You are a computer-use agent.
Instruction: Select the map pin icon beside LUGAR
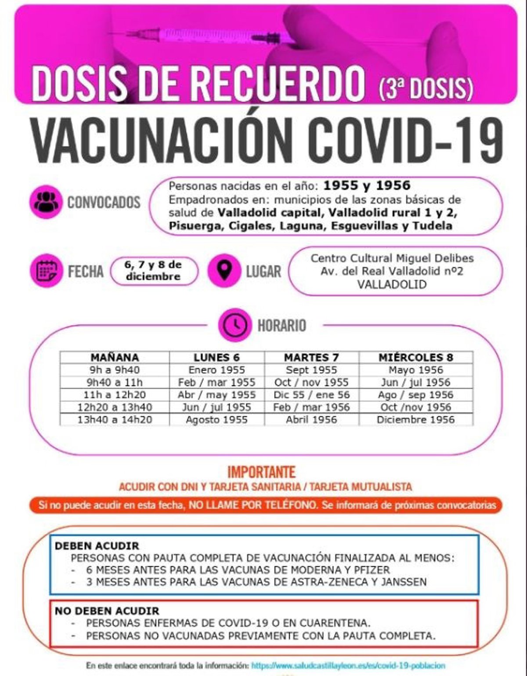tap(224, 271)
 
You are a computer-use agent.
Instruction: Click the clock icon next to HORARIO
tap(235, 325)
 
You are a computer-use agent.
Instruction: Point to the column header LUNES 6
tap(217, 357)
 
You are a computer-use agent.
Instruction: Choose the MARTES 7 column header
tap(311, 357)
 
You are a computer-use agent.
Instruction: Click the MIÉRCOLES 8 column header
tap(415, 357)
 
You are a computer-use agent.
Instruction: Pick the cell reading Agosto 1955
tap(217, 419)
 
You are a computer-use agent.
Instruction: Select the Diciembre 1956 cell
tap(415, 419)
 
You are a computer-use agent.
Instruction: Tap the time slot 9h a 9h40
tap(115, 370)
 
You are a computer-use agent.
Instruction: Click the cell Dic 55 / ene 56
tap(311, 395)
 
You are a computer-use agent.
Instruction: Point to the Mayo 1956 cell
tap(415, 370)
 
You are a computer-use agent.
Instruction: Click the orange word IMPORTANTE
tap(261, 472)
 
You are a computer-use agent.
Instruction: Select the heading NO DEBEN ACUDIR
tap(107, 611)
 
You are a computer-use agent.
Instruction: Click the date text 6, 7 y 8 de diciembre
tap(153, 271)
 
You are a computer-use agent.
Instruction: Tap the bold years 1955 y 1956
tap(367, 186)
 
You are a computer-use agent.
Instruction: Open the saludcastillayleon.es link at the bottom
tap(349, 665)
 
